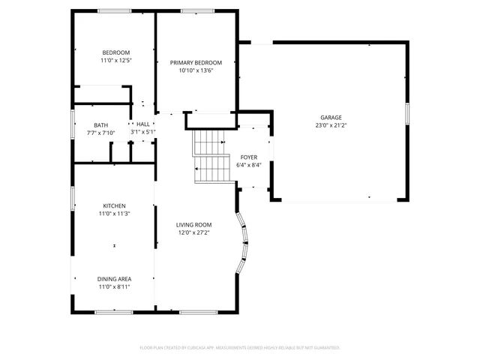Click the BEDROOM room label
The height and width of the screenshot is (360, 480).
pyautogui.click(x=116, y=52)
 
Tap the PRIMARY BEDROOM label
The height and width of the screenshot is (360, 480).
pyautogui.click(x=196, y=63)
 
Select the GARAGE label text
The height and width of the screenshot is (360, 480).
pyautogui.click(x=331, y=118)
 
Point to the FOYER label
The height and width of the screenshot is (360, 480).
pyautogui.click(x=249, y=157)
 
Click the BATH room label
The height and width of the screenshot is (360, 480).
pyautogui.click(x=100, y=125)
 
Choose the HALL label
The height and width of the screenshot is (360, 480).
pyautogui.click(x=142, y=124)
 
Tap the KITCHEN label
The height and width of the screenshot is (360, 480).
pyautogui.click(x=115, y=205)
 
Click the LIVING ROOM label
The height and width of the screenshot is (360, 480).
pyautogui.click(x=193, y=225)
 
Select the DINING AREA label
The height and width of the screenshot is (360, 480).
pyautogui.click(x=115, y=279)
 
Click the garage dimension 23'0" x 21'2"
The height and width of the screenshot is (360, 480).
pyautogui.click(x=331, y=126)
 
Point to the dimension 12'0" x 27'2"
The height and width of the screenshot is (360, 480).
pyautogui.click(x=193, y=232)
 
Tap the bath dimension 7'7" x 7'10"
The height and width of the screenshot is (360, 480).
pyautogui.click(x=100, y=133)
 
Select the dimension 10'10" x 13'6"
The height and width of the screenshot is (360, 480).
pyautogui.click(x=196, y=71)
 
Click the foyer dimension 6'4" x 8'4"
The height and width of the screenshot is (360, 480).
pyautogui.click(x=249, y=165)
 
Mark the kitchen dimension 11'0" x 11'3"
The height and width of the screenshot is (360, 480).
pyautogui.click(x=115, y=214)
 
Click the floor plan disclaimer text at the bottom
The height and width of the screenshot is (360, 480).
pyautogui.click(x=240, y=347)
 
